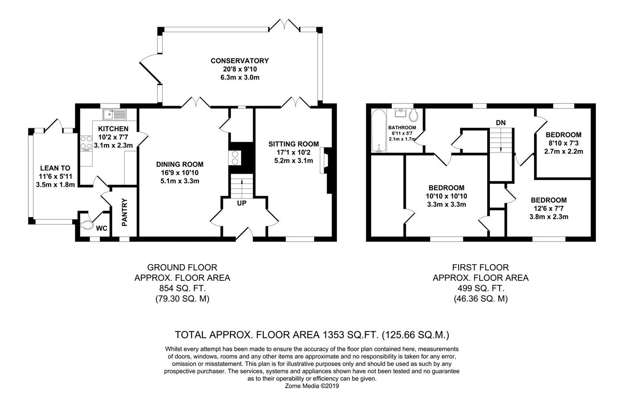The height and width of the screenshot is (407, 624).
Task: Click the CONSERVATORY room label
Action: pos(240,61)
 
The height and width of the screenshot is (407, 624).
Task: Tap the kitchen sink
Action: pos(115,115)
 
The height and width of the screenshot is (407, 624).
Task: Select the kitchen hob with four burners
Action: pos(86,142)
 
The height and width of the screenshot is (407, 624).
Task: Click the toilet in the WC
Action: pos(87,225)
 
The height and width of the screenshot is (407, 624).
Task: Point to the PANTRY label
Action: pos(124,212)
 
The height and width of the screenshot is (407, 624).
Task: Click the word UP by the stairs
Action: pos(242,203)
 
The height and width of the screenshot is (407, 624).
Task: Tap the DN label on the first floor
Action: pos(501,123)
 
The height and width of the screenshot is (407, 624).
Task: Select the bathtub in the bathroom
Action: pos(379,131)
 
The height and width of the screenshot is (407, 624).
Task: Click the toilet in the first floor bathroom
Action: pos(414,115)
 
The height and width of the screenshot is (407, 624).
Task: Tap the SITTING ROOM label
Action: pos(294,144)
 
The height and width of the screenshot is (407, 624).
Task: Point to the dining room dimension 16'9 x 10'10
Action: pos(180,173)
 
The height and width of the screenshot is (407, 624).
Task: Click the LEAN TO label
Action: pos(55,168)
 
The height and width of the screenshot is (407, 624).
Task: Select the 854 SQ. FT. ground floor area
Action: pos(182,288)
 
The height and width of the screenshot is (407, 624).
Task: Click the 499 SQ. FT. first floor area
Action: pos(480,288)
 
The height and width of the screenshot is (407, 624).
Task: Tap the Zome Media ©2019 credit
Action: pos(312,386)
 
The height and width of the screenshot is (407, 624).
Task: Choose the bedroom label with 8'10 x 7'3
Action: pos(563,135)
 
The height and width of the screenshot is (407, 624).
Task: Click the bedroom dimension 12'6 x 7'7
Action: pos(549,208)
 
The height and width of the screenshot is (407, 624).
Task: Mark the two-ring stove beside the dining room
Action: pos(234,158)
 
